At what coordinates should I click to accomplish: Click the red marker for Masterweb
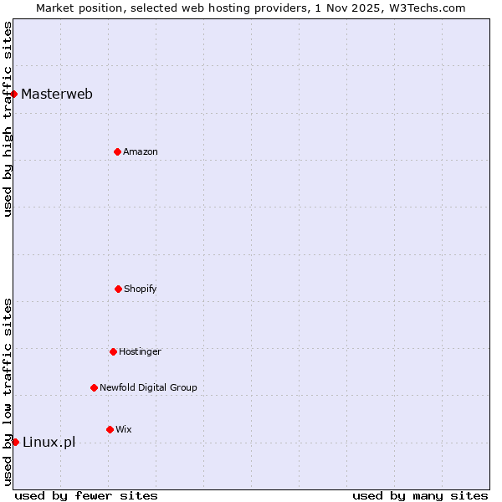(14, 94)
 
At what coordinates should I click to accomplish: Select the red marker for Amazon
(117, 151)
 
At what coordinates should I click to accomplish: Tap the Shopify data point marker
(118, 289)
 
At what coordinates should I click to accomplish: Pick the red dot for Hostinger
(113, 351)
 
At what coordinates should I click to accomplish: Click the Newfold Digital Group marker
(94, 387)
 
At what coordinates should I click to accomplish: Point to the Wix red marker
(110, 429)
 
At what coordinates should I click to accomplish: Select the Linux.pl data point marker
(15, 442)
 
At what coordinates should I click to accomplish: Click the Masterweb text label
(57, 94)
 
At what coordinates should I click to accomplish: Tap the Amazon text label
(141, 151)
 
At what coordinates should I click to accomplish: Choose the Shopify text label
(141, 289)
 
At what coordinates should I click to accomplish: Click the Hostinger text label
(140, 351)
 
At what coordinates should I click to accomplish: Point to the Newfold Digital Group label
(148, 387)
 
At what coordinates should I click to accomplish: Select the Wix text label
(124, 429)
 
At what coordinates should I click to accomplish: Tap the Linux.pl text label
(49, 442)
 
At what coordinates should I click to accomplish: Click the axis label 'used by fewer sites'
(86, 495)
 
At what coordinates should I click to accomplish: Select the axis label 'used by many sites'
(420, 495)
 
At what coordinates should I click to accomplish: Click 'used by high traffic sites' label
(8, 119)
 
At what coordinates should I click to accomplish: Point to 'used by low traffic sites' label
(8, 392)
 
